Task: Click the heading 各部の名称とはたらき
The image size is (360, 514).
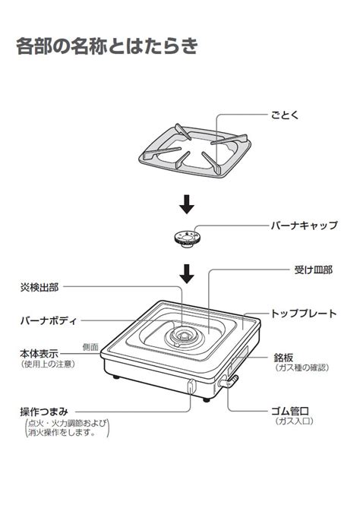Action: pyautogui.click(x=107, y=46)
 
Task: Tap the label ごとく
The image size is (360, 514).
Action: pyautogui.click(x=285, y=115)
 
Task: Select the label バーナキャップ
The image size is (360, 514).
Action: pyautogui.click(x=304, y=225)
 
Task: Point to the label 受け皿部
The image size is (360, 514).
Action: pyautogui.click(x=313, y=270)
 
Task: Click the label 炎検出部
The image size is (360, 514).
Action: pyautogui.click(x=39, y=288)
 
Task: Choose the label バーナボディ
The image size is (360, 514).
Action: pyautogui.click(x=49, y=320)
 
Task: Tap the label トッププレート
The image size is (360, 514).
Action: pyautogui.click(x=304, y=314)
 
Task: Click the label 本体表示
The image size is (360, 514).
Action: pyautogui.click(x=39, y=354)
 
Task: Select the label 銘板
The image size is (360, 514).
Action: pyautogui.click(x=283, y=358)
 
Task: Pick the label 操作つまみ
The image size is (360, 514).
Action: pyautogui.click(x=44, y=412)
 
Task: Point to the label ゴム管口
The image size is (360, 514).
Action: pyautogui.click(x=290, y=411)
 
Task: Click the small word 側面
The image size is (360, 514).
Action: pyautogui.click(x=90, y=347)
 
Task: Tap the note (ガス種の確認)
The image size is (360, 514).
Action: pyautogui.click(x=302, y=367)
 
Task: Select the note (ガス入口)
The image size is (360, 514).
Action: pyautogui.click(x=294, y=421)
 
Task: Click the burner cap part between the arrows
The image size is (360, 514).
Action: pyautogui.click(x=187, y=238)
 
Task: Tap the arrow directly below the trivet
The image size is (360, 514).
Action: pyautogui.click(x=187, y=204)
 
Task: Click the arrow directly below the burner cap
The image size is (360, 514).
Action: pyautogui.click(x=187, y=274)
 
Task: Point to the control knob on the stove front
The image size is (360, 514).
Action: pyautogui.click(x=191, y=386)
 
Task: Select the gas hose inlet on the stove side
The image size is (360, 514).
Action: pyautogui.click(x=228, y=382)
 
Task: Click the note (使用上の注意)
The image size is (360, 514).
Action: pyautogui.click(x=48, y=364)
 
